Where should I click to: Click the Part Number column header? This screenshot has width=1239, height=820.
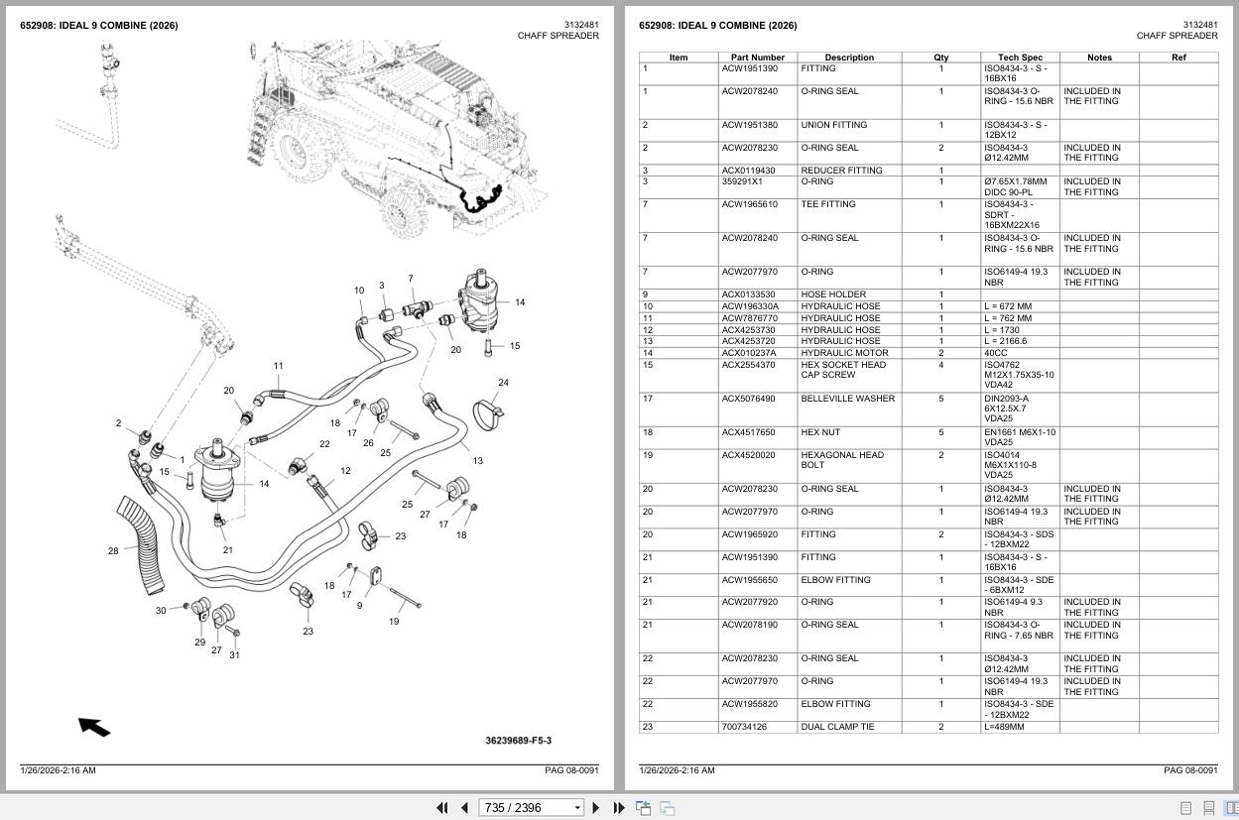click(758, 58)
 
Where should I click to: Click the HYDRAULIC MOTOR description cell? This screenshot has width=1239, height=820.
click(844, 353)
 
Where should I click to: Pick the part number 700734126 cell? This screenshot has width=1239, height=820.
click(744, 727)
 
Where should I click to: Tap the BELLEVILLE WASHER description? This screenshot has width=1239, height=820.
click(847, 399)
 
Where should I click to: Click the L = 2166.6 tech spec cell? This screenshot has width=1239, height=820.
click(1006, 341)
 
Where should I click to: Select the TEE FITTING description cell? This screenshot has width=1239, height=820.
click(828, 204)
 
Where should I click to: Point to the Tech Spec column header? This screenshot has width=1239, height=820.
click(1020, 58)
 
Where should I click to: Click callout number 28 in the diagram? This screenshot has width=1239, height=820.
click(113, 551)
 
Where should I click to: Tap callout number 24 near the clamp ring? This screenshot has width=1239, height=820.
click(503, 383)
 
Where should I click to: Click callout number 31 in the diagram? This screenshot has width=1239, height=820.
click(234, 654)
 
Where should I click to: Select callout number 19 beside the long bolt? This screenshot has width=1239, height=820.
click(394, 622)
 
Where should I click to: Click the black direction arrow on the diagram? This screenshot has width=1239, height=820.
click(94, 727)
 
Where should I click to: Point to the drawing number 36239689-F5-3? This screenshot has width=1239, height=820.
click(518, 741)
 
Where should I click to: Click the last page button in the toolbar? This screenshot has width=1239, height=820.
click(619, 808)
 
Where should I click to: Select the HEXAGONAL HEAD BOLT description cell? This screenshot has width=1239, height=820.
click(842, 460)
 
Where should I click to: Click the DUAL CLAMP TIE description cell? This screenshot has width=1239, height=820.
click(837, 727)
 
